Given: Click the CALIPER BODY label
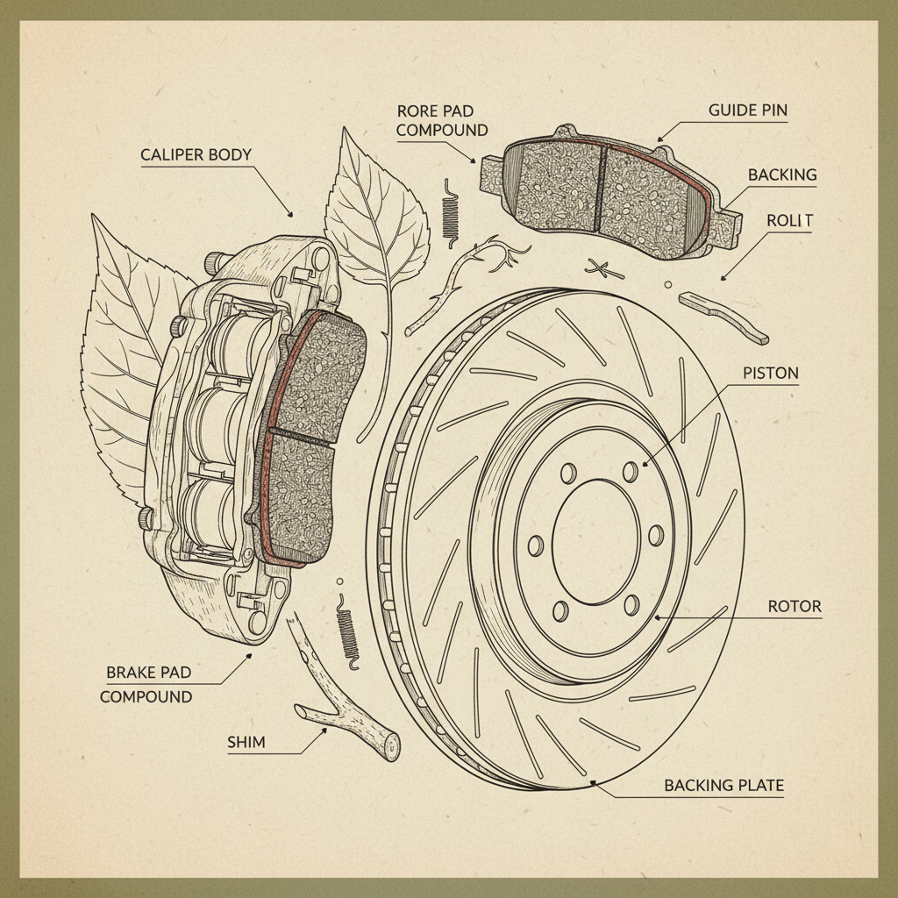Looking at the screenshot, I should click(x=196, y=155).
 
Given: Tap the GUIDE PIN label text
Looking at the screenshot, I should click(x=747, y=111).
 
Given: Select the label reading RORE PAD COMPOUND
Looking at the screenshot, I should click(x=442, y=121).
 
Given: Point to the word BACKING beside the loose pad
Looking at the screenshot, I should click(x=781, y=175).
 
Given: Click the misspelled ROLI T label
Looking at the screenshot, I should click(x=789, y=221).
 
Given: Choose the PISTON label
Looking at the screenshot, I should click(x=771, y=374).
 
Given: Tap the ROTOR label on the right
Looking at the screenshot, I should click(x=794, y=607).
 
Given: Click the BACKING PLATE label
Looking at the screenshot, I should click(x=723, y=785).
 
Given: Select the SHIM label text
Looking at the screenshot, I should click(x=246, y=743).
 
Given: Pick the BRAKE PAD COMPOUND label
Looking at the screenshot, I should click(x=147, y=685).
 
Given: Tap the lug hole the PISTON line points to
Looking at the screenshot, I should click(x=630, y=472).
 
